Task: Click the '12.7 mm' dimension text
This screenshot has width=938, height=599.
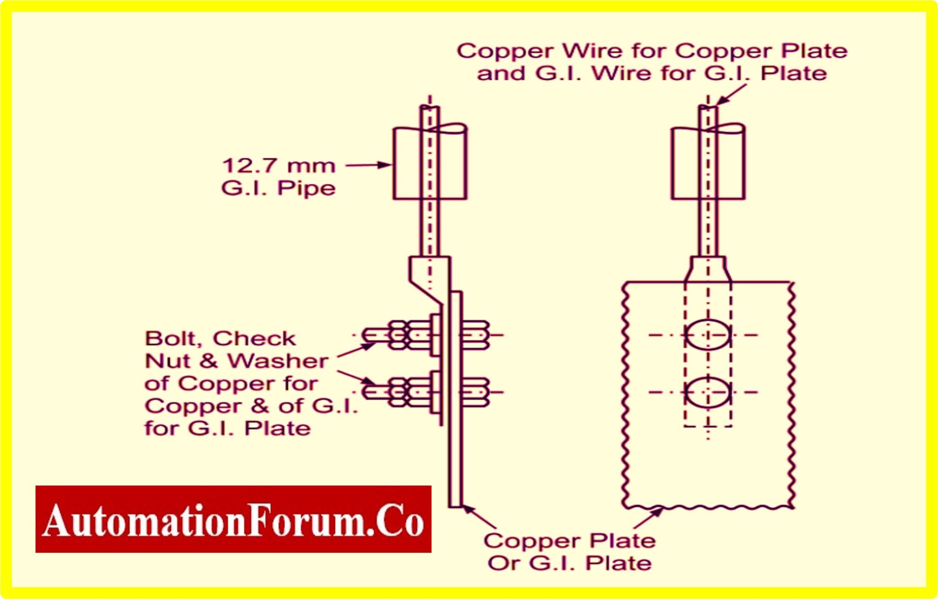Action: pyautogui.click(x=278, y=166)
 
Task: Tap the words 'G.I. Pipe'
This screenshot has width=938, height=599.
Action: pyautogui.click(x=278, y=188)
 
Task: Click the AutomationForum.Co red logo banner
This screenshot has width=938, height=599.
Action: pyautogui.click(x=233, y=519)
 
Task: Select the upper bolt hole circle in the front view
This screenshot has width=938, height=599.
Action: pyautogui.click(x=708, y=335)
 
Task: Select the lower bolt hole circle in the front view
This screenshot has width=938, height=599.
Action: pyautogui.click(x=708, y=392)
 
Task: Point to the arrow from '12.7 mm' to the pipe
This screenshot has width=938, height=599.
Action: pyautogui.click(x=368, y=165)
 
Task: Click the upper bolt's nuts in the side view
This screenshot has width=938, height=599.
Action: pyautogui.click(x=410, y=335)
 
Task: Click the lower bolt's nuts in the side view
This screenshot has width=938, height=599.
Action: pyautogui.click(x=410, y=392)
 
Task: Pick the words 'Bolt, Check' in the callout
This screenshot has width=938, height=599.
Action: pyautogui.click(x=220, y=339)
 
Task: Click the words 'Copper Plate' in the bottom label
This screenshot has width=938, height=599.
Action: pyautogui.click(x=569, y=541)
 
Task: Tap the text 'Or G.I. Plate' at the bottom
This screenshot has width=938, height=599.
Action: pyautogui.click(x=569, y=563)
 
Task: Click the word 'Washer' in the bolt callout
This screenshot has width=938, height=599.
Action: pyautogui.click(x=278, y=361)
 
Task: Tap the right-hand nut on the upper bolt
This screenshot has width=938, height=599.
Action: pyautogui.click(x=474, y=335)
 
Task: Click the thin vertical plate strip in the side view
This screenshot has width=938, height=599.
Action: pyautogui.click(x=456, y=399)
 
